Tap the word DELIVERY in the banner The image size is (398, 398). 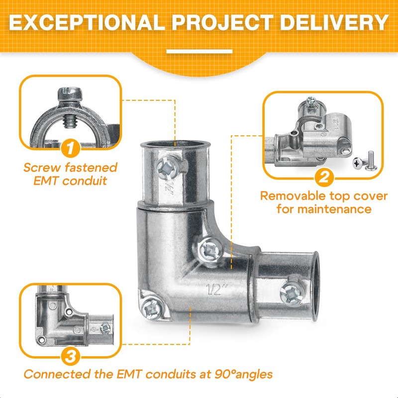click(x=334, y=22)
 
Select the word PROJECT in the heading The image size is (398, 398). click(x=222, y=22)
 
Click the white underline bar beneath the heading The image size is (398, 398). click(x=199, y=52)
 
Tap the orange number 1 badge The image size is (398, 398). click(x=70, y=148)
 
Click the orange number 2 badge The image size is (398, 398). click(x=324, y=177)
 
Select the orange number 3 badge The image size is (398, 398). click(x=70, y=356)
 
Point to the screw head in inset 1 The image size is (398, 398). click(x=70, y=94)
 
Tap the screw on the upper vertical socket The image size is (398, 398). click(x=168, y=167)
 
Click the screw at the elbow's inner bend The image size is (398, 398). click(x=210, y=250)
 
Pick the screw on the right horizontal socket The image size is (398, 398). click(x=292, y=293)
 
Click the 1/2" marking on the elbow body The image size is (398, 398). click(x=216, y=290)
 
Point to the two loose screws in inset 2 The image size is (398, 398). click(x=365, y=161)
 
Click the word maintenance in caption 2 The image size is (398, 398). click(x=334, y=209)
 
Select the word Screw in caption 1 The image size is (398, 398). click(x=42, y=168)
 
